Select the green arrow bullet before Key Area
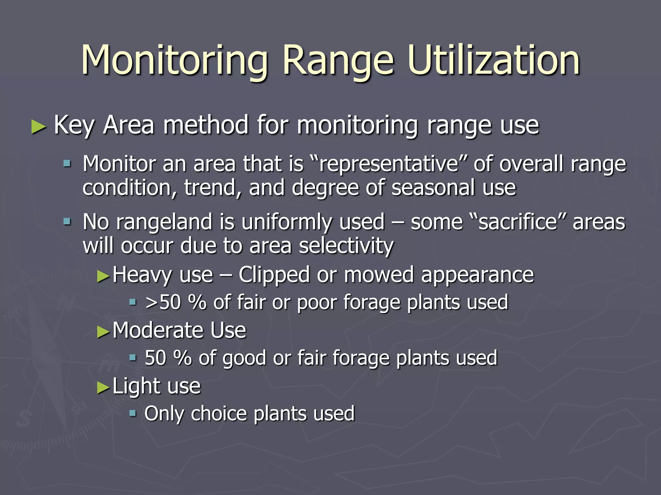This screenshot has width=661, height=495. (x=38, y=126)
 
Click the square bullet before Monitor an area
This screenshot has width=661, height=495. (x=67, y=164)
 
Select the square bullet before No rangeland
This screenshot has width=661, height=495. (x=67, y=222)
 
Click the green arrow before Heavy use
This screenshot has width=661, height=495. (x=104, y=276)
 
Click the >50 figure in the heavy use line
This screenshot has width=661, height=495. (x=163, y=302)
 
